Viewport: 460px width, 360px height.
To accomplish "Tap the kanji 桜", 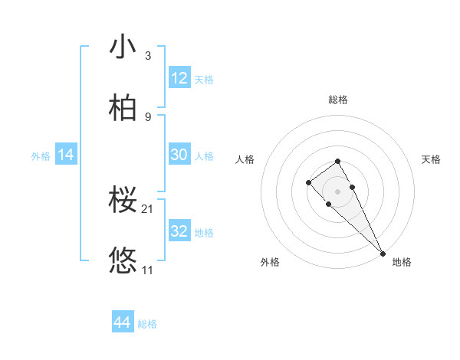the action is click(123, 200).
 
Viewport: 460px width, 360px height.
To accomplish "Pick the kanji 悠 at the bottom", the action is click(123, 261).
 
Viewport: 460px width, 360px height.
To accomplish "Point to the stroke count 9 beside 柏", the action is click(148, 117).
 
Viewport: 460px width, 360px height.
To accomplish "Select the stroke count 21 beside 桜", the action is click(149, 209).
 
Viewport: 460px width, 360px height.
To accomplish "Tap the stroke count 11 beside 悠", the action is click(148, 270).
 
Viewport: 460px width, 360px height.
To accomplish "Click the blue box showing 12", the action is click(179, 78).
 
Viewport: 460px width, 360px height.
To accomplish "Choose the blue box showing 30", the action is click(179, 155).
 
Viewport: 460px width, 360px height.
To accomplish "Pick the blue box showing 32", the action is click(179, 231).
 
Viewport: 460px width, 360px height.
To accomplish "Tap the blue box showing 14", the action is click(66, 155).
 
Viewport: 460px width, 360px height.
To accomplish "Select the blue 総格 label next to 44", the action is click(147, 324).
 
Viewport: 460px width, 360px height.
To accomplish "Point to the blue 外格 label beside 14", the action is click(41, 155).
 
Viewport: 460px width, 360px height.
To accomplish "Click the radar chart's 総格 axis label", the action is click(338, 100).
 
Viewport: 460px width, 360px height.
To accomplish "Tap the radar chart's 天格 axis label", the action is click(431, 159).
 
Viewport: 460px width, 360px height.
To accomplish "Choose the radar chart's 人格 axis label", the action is click(245, 159).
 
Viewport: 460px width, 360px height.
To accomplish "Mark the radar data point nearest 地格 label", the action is click(383, 254).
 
